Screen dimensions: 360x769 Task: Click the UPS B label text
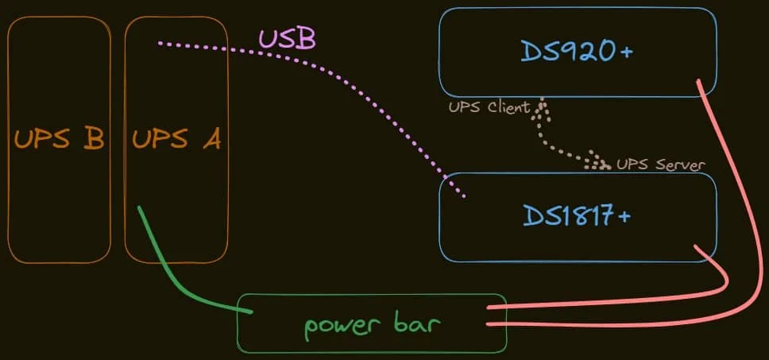click(59, 139)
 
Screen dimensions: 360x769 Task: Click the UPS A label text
click(176, 139)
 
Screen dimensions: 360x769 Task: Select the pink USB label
click(287, 37)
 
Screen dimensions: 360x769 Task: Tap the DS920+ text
click(577, 52)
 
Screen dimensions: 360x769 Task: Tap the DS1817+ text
click(577, 215)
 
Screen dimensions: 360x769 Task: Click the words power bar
click(372, 324)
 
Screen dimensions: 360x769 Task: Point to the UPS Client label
click(489, 107)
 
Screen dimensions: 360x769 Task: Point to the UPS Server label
click(661, 165)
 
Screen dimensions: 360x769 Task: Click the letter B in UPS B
click(92, 139)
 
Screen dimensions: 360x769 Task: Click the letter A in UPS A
click(210, 139)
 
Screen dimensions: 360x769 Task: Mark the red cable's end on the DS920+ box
click(700, 82)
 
